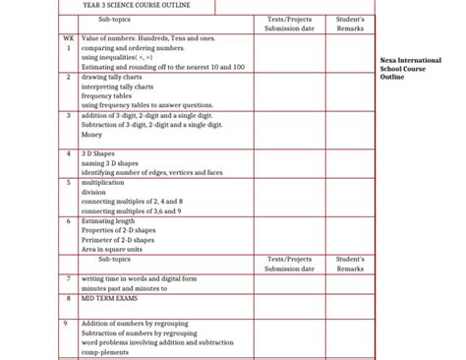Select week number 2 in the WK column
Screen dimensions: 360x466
tap(68, 76)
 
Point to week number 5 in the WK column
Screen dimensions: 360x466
tap(68, 182)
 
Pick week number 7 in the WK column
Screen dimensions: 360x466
tap(68, 278)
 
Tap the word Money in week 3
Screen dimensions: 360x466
tap(92, 135)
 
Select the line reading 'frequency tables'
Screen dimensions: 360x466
tap(107, 95)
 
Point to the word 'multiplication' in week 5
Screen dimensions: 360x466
tap(103, 182)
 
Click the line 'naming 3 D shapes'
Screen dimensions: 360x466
tap(110, 163)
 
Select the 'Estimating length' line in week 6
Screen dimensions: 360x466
tap(108, 220)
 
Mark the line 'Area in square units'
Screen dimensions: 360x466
tap(112, 250)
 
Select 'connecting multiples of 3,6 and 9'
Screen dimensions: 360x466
tap(131, 210)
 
